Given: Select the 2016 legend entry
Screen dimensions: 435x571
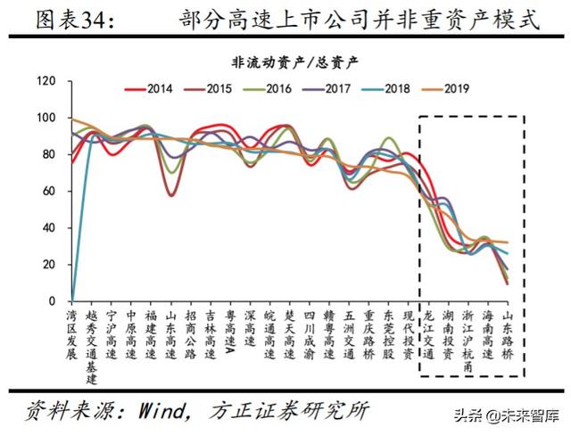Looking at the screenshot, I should pyautogui.click(x=267, y=88).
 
